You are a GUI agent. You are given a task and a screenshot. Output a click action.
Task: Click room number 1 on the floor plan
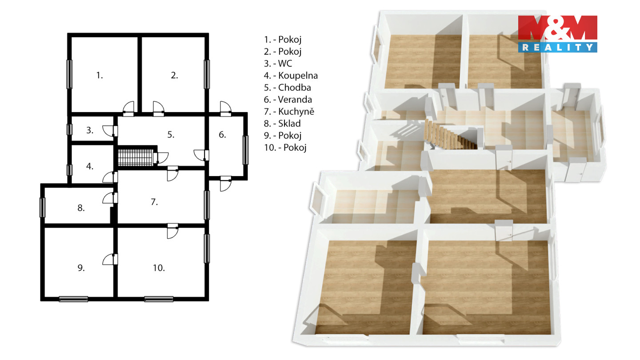point(100,76)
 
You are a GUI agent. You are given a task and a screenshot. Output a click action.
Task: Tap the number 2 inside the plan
point(174,76)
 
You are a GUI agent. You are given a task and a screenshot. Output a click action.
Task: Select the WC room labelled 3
point(90,130)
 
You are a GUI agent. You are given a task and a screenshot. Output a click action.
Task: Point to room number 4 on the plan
point(90,166)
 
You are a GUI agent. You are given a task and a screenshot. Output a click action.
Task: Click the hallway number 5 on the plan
point(171,135)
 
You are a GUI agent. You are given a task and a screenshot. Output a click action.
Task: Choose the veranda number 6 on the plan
point(222,135)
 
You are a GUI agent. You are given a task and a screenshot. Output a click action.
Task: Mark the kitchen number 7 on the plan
point(154,202)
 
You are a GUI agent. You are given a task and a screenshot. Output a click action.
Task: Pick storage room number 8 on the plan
point(81,208)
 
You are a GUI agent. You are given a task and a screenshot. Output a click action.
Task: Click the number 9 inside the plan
point(81,268)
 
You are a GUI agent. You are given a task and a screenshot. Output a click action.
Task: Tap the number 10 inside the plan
point(159,268)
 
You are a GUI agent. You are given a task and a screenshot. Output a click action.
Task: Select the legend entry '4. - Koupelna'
point(291,76)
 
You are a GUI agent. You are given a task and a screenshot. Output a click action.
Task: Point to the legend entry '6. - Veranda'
point(288,100)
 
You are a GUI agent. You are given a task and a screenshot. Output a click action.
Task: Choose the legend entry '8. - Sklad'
point(282,124)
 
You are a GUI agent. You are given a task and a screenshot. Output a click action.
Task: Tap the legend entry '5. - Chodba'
point(288,88)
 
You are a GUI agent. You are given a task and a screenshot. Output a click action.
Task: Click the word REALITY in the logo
point(557,48)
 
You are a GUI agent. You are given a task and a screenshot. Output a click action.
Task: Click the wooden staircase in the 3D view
point(450,136)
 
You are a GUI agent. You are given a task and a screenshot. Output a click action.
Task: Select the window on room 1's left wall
point(69,74)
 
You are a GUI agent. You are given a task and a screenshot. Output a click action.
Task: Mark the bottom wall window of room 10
point(159,299)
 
